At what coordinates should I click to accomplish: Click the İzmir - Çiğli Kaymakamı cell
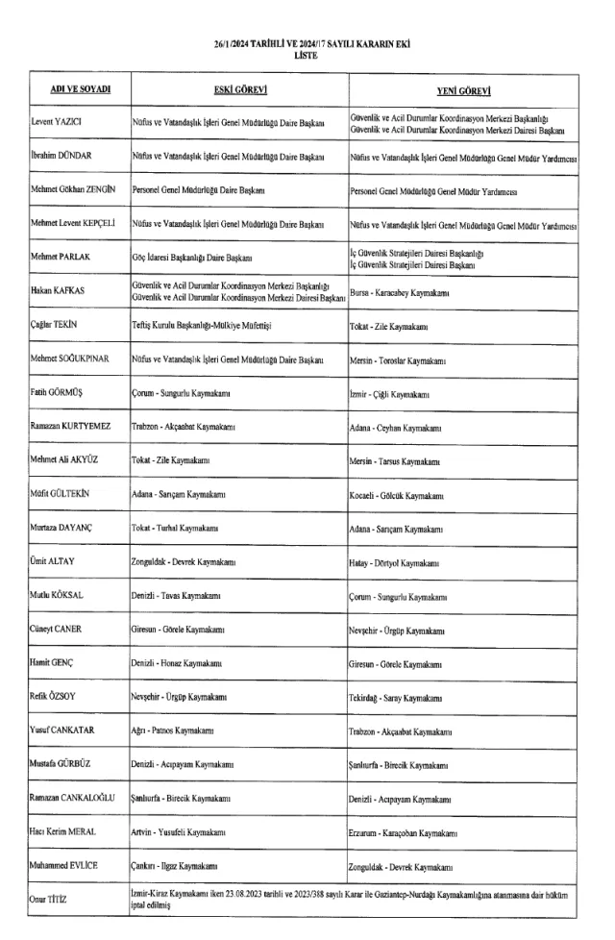tap(389, 395)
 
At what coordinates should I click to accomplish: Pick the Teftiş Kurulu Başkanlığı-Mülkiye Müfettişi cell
tap(202, 327)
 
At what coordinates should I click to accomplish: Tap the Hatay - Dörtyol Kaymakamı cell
tap(395, 561)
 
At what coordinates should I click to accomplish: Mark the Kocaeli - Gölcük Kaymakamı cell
tap(396, 495)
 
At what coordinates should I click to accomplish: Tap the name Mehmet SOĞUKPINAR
tap(66, 360)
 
